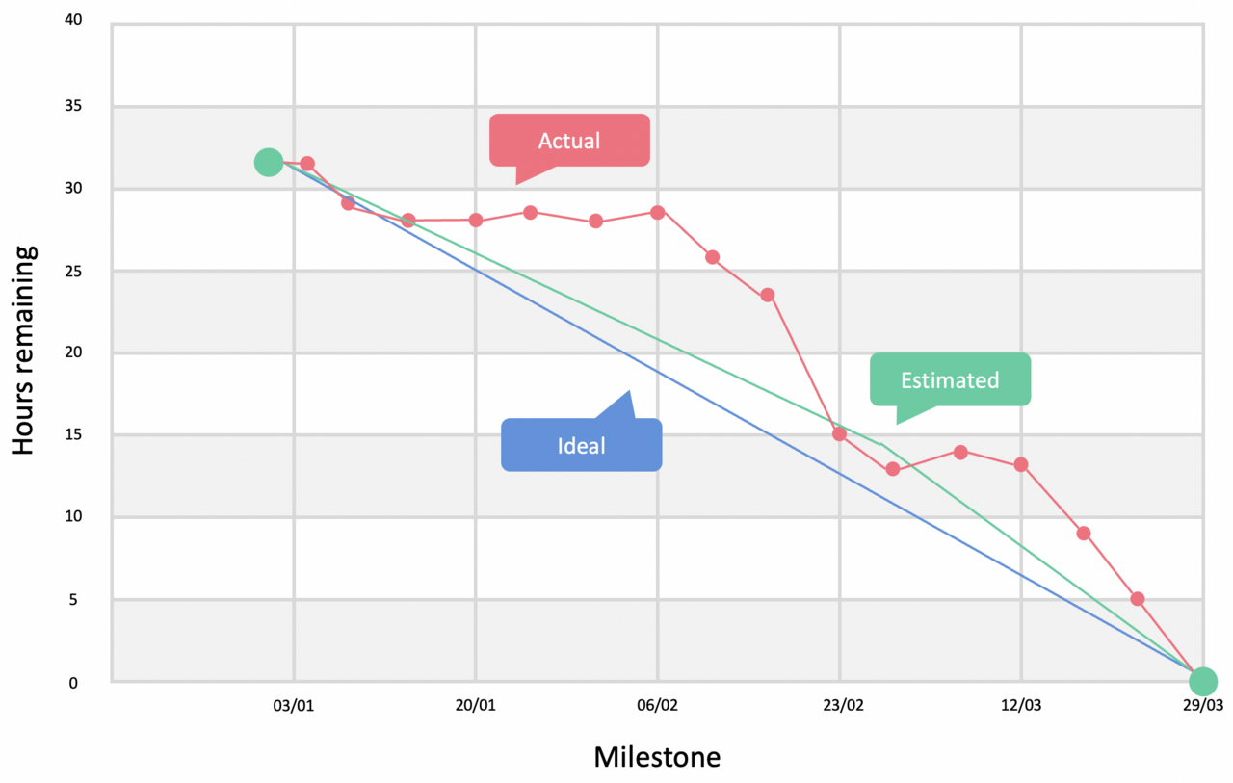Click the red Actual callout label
pyautogui.click(x=569, y=141)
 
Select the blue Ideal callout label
pyautogui.click(x=581, y=445)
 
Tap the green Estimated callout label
pyautogui.click(x=950, y=380)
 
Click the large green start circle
pyautogui.click(x=268, y=163)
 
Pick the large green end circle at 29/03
pyautogui.click(x=1202, y=682)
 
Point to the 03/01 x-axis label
pyautogui.click(x=295, y=706)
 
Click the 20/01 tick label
pyautogui.click(x=476, y=706)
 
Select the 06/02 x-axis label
pyautogui.click(x=658, y=706)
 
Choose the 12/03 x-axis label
pyautogui.click(x=1021, y=706)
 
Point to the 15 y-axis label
pyautogui.click(x=85, y=435)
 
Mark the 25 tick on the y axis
pyautogui.click(x=85, y=271)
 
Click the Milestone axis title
pyautogui.click(x=656, y=757)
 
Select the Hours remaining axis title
pyautogui.click(x=25, y=350)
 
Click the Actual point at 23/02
pyautogui.click(x=839, y=433)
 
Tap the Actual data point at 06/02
pyautogui.click(x=658, y=212)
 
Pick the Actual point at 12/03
pyautogui.click(x=1021, y=464)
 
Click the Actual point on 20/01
pyautogui.click(x=476, y=220)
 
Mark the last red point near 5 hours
pyautogui.click(x=1138, y=598)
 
